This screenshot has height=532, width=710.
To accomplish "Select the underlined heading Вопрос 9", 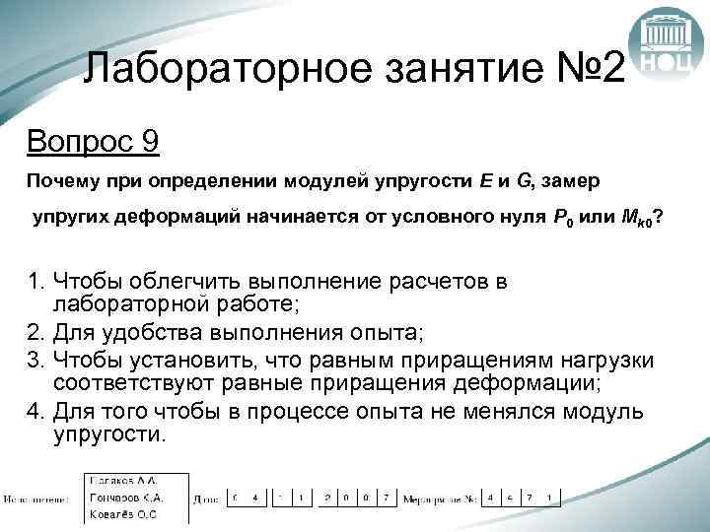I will click(93, 142).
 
